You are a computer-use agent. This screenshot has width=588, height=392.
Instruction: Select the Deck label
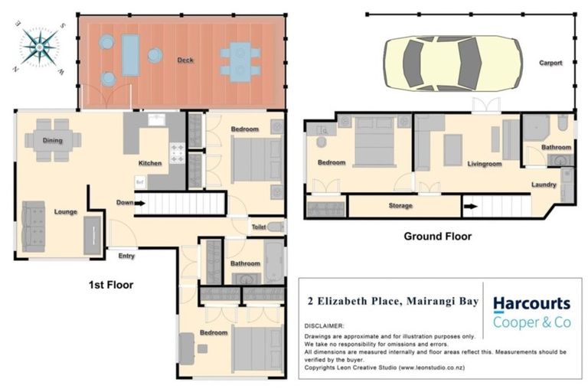(185, 60)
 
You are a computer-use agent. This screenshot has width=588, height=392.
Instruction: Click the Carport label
(550, 64)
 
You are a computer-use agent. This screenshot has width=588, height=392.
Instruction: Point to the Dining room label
(53, 141)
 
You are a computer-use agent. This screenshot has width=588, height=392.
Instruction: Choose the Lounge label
(65, 212)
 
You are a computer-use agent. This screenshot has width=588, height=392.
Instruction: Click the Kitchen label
(150, 164)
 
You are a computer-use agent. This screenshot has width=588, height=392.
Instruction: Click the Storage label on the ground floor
(400, 206)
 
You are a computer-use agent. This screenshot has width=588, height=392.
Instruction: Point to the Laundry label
(544, 185)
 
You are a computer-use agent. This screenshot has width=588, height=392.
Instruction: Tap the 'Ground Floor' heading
(437, 237)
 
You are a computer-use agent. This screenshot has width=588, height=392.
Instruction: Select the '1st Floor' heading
(110, 285)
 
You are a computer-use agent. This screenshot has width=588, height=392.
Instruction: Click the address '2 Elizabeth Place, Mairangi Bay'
(393, 302)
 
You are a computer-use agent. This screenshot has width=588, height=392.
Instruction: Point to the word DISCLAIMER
(324, 326)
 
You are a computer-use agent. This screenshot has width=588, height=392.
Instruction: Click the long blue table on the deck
(131, 54)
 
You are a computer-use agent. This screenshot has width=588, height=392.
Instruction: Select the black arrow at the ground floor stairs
(469, 206)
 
